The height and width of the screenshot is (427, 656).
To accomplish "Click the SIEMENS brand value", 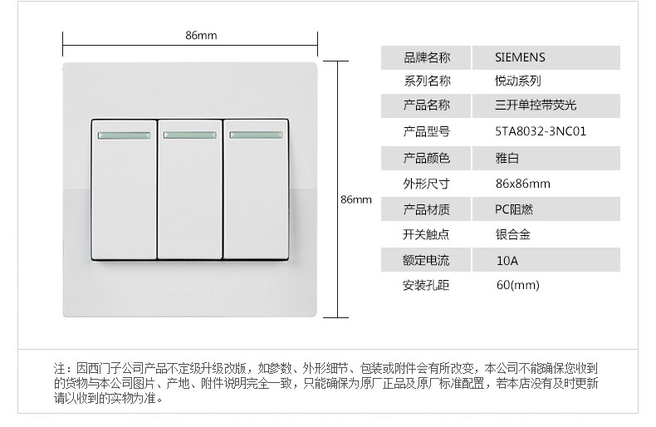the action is [520, 57].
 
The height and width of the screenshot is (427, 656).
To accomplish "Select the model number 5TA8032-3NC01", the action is [540, 131].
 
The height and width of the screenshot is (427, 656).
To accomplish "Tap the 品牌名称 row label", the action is [427, 57].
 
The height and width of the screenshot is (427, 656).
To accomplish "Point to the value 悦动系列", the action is [517, 81].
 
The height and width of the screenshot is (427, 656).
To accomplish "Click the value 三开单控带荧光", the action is [535, 106].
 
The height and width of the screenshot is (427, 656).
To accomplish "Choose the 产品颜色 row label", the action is [427, 158].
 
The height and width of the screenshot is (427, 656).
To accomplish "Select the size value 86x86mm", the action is [522, 184].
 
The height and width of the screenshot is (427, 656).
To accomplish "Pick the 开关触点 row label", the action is [427, 234].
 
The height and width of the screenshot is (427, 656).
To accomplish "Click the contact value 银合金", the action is [512, 234].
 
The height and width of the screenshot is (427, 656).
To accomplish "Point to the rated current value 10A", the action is [507, 260].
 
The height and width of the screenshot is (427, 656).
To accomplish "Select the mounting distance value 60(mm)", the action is [517, 285].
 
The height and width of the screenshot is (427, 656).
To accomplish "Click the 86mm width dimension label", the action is [201, 35].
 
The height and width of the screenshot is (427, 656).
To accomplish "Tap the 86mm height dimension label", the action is [356, 200].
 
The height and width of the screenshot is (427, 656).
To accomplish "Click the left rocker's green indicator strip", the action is [123, 134].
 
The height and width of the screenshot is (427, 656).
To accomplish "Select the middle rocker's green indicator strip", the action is [189, 134].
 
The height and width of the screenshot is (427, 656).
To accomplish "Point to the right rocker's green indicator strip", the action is [255, 134].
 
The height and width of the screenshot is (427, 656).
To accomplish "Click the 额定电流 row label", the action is [427, 260].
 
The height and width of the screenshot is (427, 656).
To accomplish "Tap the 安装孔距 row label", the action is [427, 285].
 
